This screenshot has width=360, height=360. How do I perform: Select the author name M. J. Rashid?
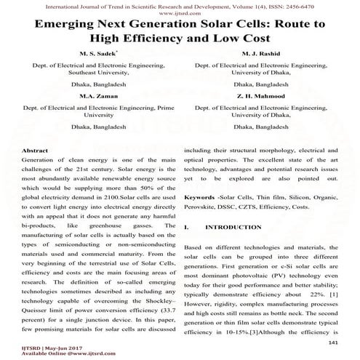pyautogui.click(x=268, y=54)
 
